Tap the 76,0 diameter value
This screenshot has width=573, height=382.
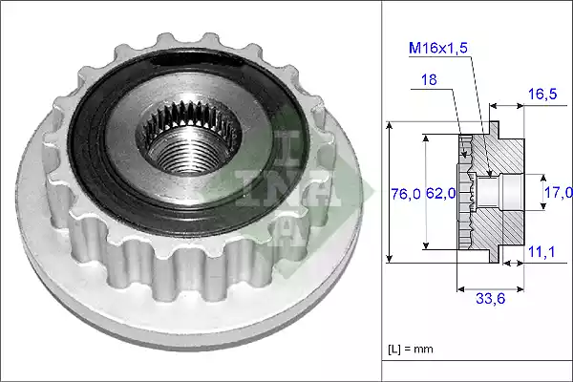[405, 194]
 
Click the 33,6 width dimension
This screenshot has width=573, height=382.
[492, 298]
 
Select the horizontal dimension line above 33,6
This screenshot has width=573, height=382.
[492, 286]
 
